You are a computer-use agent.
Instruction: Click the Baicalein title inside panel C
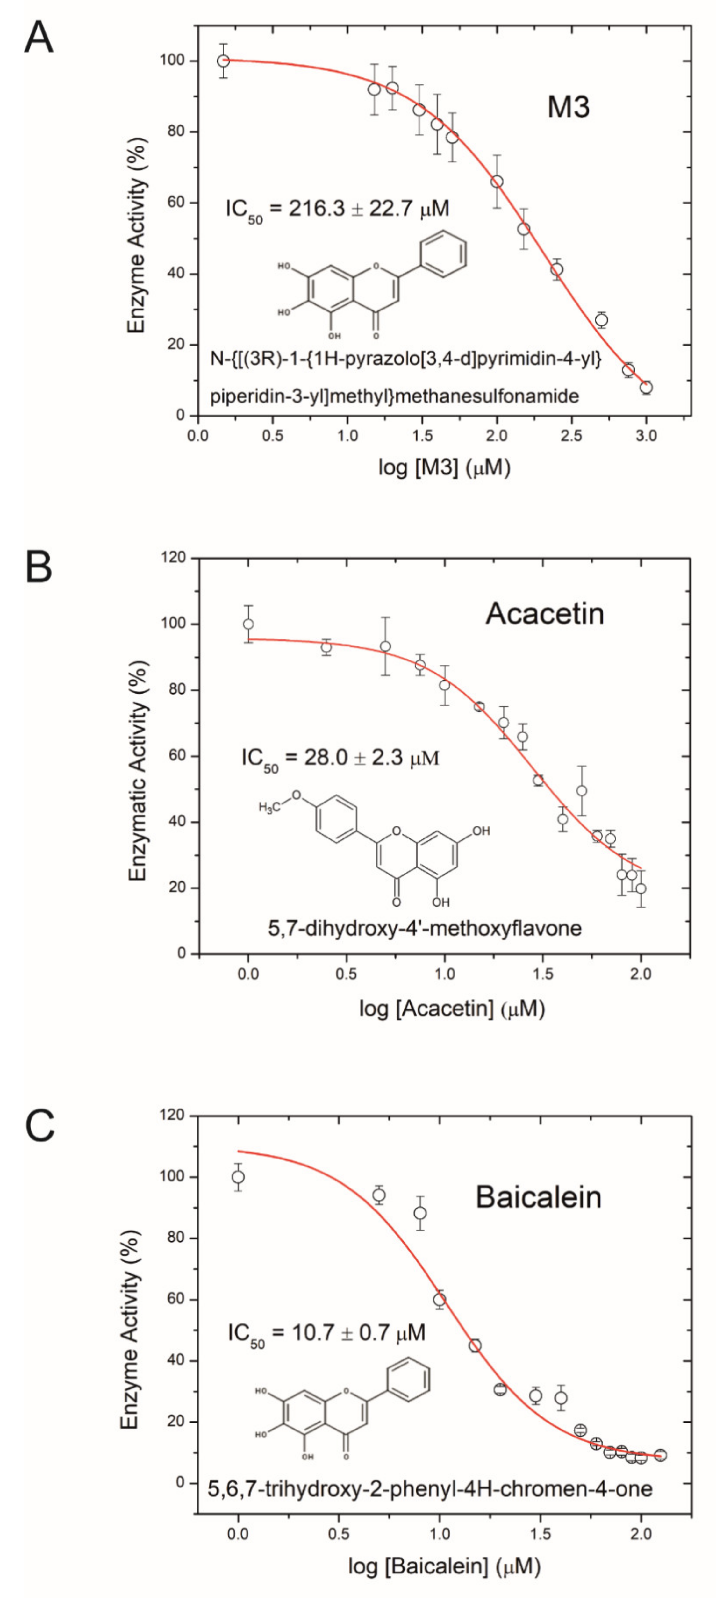[x=538, y=1197]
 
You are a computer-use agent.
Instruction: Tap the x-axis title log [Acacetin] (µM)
[x=452, y=1009]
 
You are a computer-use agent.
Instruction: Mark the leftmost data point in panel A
[x=223, y=61]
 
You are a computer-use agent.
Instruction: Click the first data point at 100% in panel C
[x=238, y=1177]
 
